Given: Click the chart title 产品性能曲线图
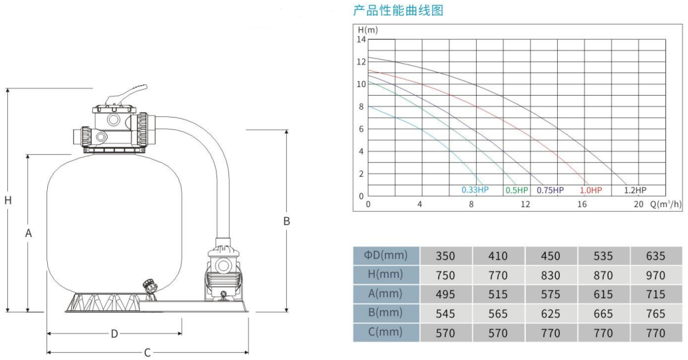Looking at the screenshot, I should [398, 11].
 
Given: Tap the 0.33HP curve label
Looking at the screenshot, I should [475, 191].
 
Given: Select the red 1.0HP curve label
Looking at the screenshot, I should [590, 191].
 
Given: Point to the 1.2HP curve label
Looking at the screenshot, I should [635, 191].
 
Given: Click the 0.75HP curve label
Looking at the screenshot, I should [550, 191].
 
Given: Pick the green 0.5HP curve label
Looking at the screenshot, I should [517, 191].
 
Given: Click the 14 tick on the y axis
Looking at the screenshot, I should [361, 39].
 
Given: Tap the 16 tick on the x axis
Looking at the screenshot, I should [582, 205].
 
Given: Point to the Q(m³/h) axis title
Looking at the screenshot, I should [665, 205].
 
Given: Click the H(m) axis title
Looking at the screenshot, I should [368, 29].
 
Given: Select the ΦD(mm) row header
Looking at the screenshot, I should [386, 255].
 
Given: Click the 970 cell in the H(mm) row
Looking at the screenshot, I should [655, 275].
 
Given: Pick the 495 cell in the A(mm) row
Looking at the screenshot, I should [445, 294].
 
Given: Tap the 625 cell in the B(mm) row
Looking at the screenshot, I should [551, 314].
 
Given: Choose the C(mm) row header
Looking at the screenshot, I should [386, 332].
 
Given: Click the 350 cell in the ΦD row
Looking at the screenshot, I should [445, 256].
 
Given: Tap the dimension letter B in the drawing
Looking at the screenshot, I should [286, 221].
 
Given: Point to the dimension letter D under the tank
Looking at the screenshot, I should [114, 333].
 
